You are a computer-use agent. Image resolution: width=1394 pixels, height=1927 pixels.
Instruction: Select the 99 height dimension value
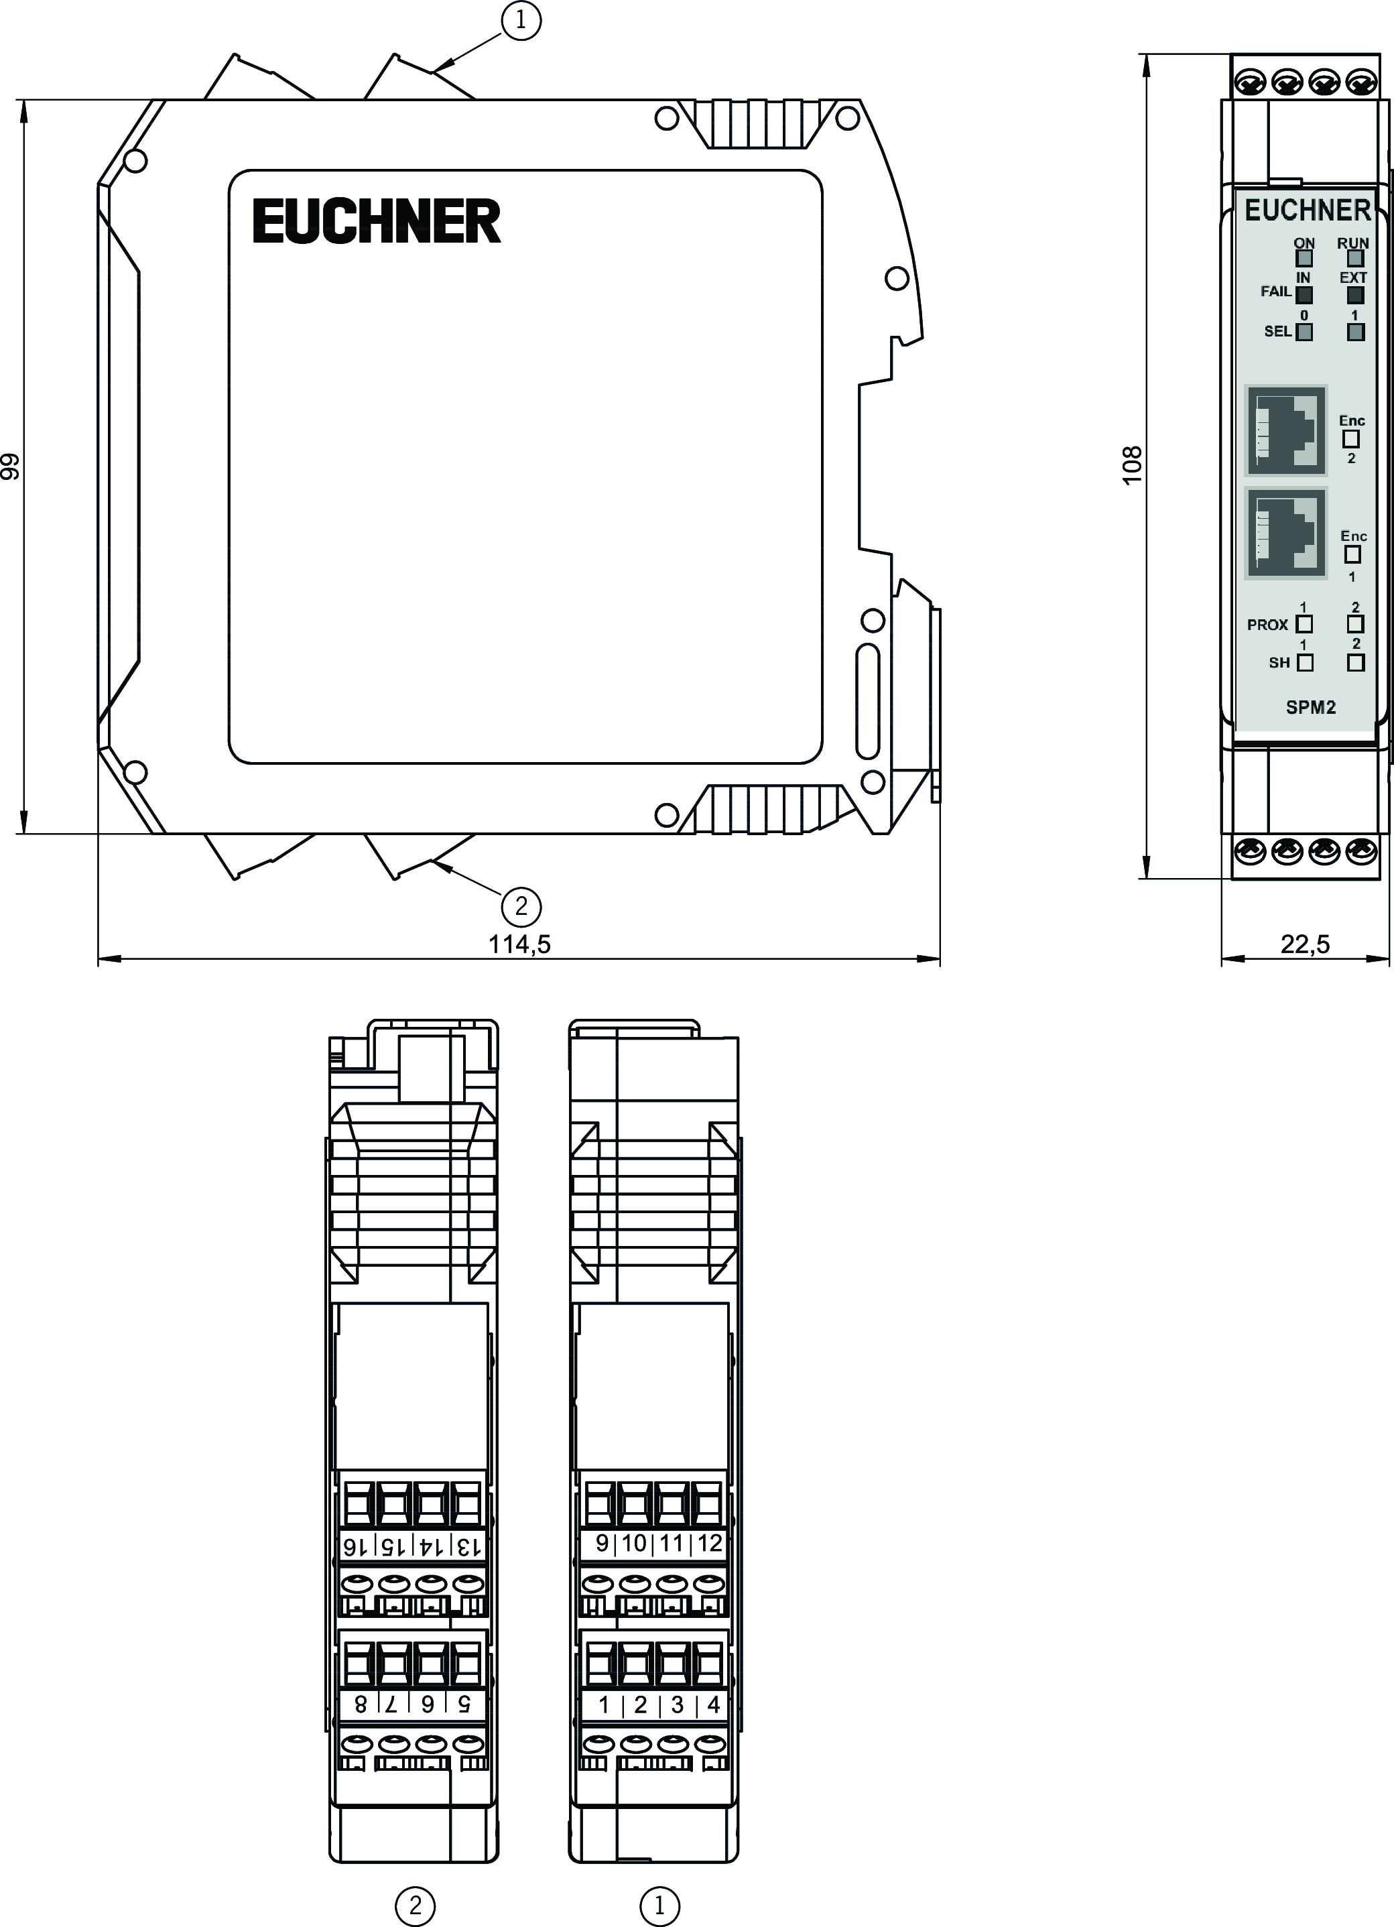coord(10,467)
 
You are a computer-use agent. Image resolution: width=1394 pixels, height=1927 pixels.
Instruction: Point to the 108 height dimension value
coord(1133,464)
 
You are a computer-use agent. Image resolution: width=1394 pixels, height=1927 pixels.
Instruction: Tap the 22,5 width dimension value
coord(1305,944)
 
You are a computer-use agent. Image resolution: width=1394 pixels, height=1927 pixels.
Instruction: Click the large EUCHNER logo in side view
coord(377,221)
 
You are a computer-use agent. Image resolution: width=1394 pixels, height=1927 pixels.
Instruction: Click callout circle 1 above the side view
coord(521,20)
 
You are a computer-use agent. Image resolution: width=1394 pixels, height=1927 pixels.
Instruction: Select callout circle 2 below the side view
coord(521,907)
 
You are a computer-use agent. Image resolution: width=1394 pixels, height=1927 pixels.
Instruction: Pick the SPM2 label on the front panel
coord(1311,707)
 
